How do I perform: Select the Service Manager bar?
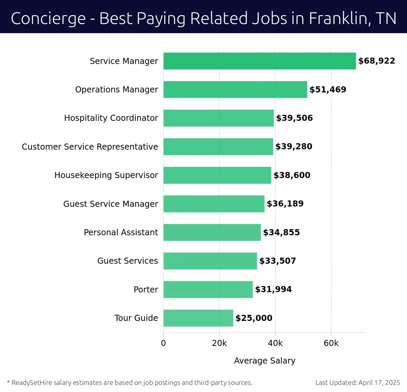pos(259,61)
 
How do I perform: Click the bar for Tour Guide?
pos(198,318)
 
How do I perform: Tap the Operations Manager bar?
pos(235,89)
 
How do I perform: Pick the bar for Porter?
pos(208,289)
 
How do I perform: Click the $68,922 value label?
pos(376,61)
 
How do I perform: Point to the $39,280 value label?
pos(294,147)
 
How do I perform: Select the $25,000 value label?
pos(254,318)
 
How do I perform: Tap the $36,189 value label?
pos(285,204)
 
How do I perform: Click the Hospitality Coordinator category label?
pos(111,118)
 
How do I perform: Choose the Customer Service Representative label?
pos(90,147)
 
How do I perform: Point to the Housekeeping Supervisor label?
pos(106,175)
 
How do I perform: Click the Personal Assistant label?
pos(121,232)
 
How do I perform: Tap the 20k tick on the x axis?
pos(219,343)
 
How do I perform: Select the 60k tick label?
pos(331,343)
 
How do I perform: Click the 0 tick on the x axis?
pos(163,343)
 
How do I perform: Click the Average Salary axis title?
pos(265,361)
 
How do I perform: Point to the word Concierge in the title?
pos(48,19)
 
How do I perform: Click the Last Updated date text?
pos(357,383)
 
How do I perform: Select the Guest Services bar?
pos(210,261)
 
